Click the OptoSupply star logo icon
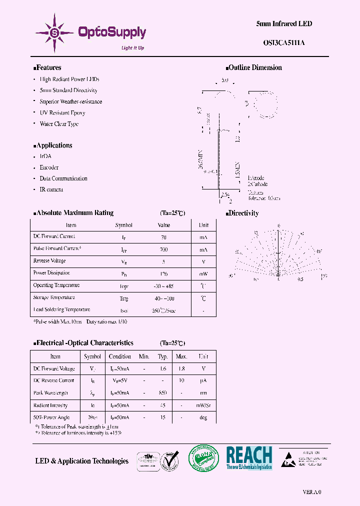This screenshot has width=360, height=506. [x=54, y=32]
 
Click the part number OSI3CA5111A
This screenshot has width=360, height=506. [x=284, y=43]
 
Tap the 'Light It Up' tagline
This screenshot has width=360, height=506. [x=133, y=48]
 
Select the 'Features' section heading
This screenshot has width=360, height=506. [x=48, y=67]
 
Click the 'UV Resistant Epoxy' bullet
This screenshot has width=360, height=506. [x=62, y=113]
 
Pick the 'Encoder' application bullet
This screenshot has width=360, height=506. [x=49, y=167]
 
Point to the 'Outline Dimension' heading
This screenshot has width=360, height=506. [x=255, y=67]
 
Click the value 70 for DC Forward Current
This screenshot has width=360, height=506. [x=163, y=237]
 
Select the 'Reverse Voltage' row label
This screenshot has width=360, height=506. [x=49, y=261]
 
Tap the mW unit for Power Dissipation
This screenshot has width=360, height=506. [x=203, y=274]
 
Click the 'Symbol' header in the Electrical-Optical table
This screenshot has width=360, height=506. [x=92, y=356]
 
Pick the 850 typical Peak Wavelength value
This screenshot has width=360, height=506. [x=163, y=393]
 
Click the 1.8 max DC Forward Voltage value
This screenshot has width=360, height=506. [x=181, y=369]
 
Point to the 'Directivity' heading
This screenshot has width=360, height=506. [x=243, y=213]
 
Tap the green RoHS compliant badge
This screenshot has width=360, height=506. [x=203, y=458]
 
